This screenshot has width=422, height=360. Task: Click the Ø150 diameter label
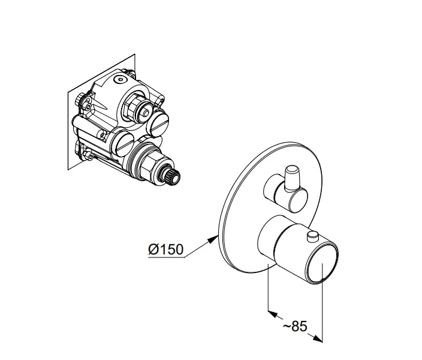point(166,249)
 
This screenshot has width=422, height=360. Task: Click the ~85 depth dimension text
point(295,326)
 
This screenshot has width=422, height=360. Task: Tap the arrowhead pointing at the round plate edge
point(213,239)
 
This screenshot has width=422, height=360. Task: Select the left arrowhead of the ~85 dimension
point(273,314)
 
